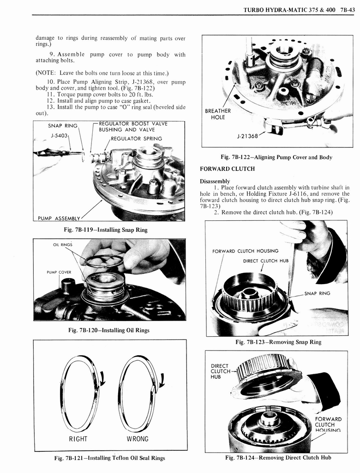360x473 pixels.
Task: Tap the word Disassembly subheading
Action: click(x=215, y=181)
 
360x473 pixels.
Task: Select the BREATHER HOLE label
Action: click(x=218, y=114)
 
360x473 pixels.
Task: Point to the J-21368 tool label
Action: click(x=247, y=137)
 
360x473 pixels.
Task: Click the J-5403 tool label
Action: click(x=59, y=135)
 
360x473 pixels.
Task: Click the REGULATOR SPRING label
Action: click(x=136, y=139)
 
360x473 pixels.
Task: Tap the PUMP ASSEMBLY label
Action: click(x=58, y=218)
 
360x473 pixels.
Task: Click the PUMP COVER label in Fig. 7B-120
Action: click(x=59, y=272)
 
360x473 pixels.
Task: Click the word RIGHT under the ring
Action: click(x=78, y=438)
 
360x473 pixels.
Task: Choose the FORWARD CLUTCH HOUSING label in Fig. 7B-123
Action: click(x=245, y=251)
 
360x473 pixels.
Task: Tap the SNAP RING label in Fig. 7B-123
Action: click(x=317, y=293)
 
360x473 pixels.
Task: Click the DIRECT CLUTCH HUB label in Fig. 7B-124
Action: click(x=221, y=370)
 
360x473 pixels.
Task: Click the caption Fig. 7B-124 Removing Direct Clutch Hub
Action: click(x=278, y=458)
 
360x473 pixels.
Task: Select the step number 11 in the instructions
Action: click(x=51, y=94)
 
